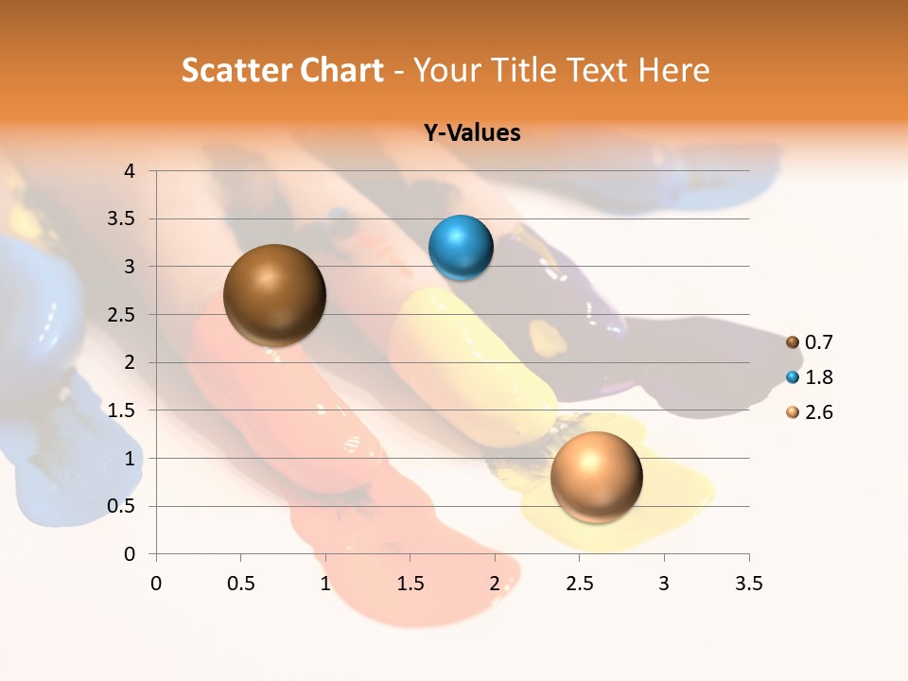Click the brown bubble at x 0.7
click(274, 295)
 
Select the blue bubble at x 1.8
click(461, 248)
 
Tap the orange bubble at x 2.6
click(596, 477)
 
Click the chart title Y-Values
click(471, 133)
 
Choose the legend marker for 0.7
click(793, 342)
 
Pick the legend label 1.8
click(819, 377)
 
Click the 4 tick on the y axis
click(131, 171)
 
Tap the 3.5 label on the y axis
click(123, 219)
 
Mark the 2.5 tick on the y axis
click(123, 315)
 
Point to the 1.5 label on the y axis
click(123, 410)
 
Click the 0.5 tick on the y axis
click(123, 506)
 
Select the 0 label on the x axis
click(156, 584)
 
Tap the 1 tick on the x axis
click(325, 584)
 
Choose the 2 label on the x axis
click(495, 584)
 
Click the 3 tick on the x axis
click(664, 584)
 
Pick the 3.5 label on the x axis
click(748, 584)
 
